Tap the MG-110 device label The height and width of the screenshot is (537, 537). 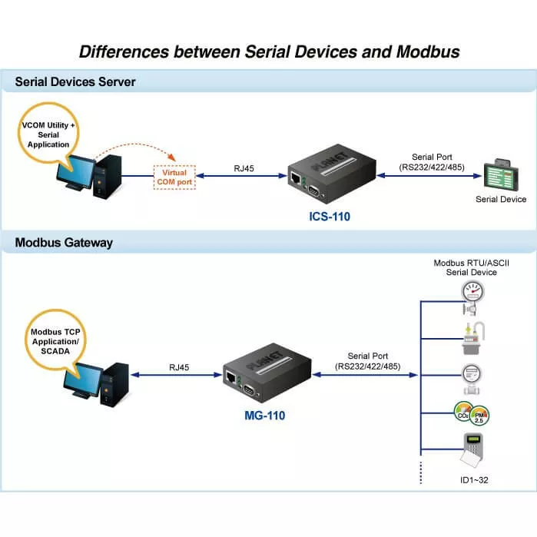tap(261, 416)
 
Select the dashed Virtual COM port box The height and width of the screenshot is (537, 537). tap(174, 177)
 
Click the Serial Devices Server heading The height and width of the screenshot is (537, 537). tap(75, 81)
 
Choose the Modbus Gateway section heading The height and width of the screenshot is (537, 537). tap(64, 243)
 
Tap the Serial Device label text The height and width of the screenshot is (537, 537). tap(501, 199)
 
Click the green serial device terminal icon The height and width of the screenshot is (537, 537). tap(502, 174)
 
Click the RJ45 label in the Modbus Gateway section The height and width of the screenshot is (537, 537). tap(180, 368)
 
